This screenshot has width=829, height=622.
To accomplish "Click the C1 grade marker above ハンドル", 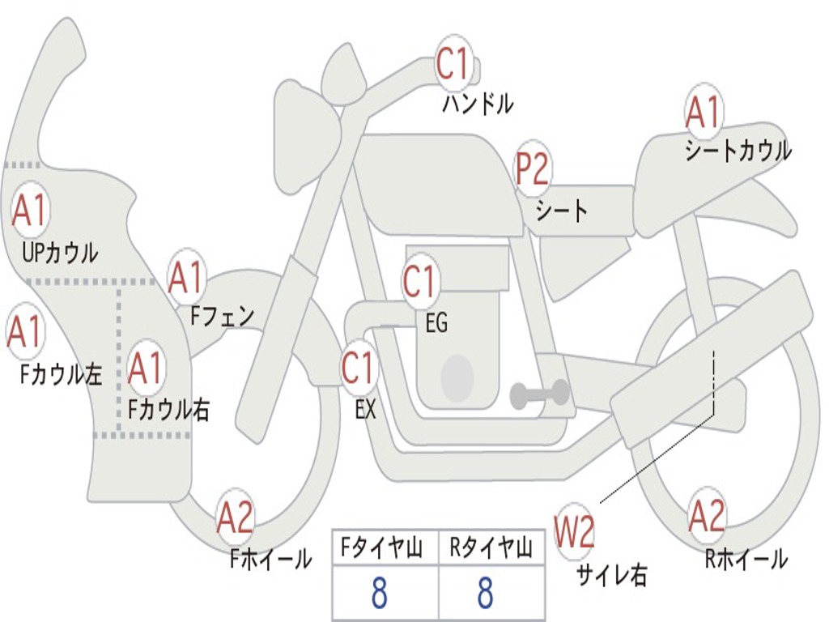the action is [x=453, y=63].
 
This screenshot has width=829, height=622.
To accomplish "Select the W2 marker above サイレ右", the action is [x=574, y=531].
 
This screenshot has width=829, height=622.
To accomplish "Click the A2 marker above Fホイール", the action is [x=236, y=517].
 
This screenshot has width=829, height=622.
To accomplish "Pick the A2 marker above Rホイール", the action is [x=707, y=516].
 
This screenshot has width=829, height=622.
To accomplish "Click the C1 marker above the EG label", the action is [x=419, y=281].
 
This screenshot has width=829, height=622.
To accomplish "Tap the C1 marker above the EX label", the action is [x=359, y=367].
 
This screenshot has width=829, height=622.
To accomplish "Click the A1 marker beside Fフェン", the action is [x=186, y=277].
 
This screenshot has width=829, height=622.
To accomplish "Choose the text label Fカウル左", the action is [x=61, y=374].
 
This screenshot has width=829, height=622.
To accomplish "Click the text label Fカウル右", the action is [x=168, y=409].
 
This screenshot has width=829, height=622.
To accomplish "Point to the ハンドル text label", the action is [x=478, y=103].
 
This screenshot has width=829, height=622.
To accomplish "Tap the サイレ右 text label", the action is [x=611, y=574].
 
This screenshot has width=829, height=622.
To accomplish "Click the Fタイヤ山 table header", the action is [x=381, y=547].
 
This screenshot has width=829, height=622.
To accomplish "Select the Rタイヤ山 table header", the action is [x=491, y=547].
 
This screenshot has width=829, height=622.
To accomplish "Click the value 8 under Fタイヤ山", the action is [x=380, y=593].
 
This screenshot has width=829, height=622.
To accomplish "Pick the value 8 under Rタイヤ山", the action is [x=486, y=593].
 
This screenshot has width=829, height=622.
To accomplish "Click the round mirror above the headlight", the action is [x=342, y=74].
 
